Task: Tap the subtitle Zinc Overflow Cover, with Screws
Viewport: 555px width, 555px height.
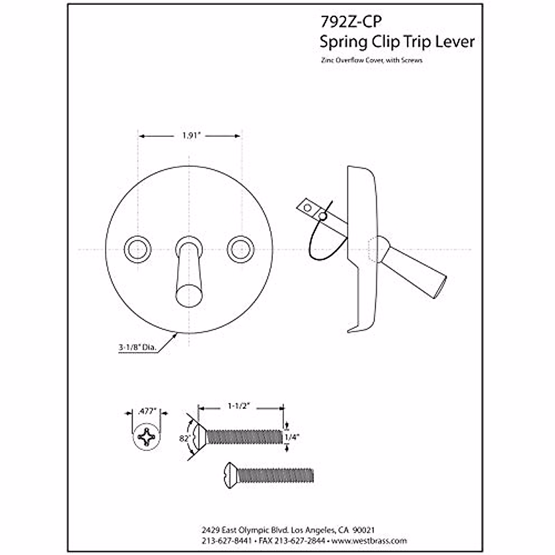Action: click(371, 61)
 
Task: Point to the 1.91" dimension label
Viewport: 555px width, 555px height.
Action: click(190, 136)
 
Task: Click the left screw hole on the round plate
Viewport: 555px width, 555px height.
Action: click(137, 250)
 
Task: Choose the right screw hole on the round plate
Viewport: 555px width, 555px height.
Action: click(240, 250)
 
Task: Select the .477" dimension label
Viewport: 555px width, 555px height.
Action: click(147, 411)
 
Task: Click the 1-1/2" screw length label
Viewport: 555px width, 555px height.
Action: click(239, 406)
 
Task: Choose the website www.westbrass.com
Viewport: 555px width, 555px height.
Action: click(370, 541)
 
